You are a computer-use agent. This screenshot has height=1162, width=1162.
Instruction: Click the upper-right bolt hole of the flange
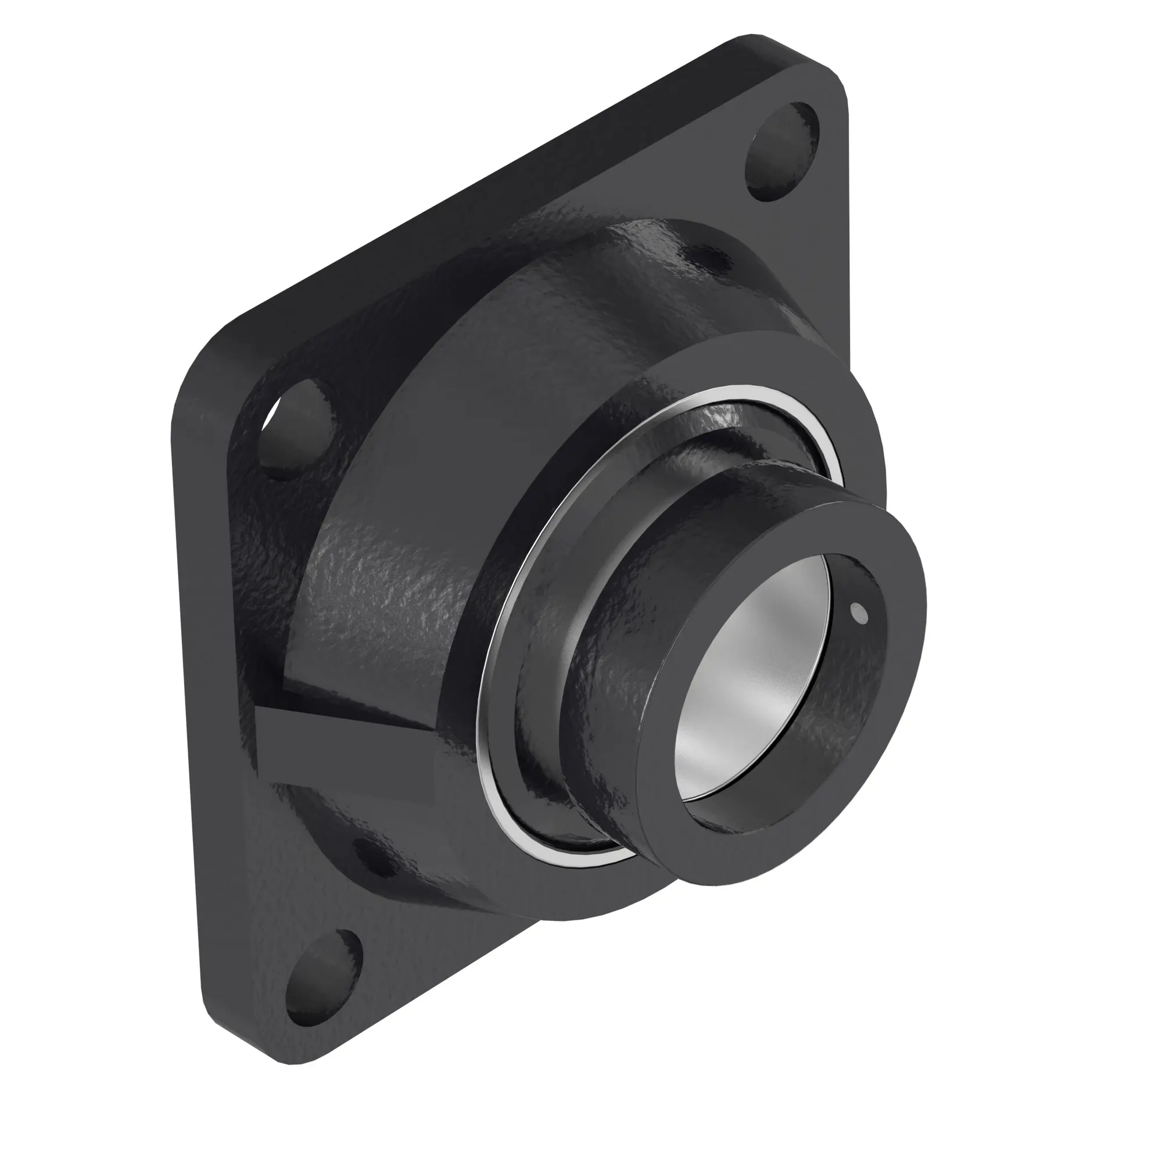(782, 152)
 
